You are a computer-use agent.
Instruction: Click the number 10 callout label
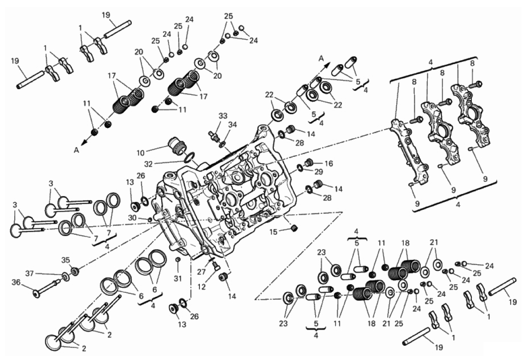click(141, 153)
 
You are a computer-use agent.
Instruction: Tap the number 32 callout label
click(149, 164)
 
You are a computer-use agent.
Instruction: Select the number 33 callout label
click(223, 116)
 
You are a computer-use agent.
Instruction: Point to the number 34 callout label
click(232, 125)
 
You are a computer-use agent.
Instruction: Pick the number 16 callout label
click(329, 164)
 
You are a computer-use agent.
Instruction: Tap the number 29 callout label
click(319, 172)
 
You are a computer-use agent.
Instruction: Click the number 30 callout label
click(132, 218)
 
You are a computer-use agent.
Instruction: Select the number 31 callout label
click(178, 278)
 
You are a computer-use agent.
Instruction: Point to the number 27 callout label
click(201, 272)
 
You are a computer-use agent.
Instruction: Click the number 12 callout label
click(202, 287)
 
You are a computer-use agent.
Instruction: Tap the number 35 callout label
click(65, 260)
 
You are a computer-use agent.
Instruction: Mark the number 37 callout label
click(30, 274)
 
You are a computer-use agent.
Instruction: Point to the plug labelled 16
click(308, 163)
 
